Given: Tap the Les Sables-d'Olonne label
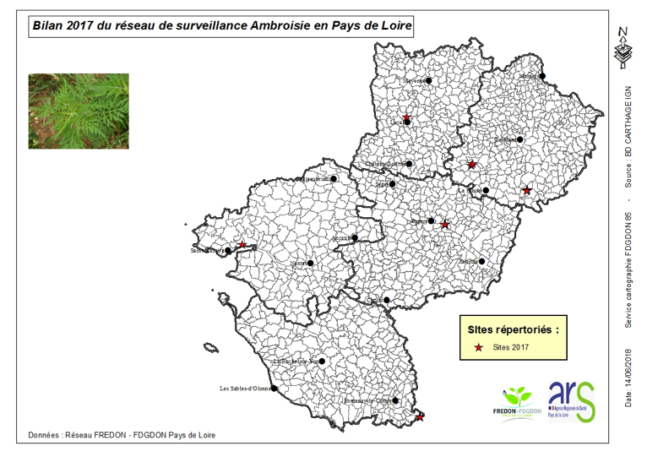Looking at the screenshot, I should pyautogui.click(x=244, y=389).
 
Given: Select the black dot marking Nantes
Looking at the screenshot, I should pyautogui.click(x=310, y=263).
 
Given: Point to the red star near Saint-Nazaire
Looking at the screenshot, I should pyautogui.click(x=242, y=245).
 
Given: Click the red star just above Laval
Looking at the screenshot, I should pyautogui.click(x=406, y=117).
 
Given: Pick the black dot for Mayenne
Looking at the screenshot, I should pyautogui.click(x=429, y=81).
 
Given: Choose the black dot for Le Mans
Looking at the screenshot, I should pyautogui.click(x=520, y=139).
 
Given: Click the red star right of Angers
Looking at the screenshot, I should pyautogui.click(x=445, y=225).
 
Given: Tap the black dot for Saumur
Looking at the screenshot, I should pyautogui.click(x=482, y=262).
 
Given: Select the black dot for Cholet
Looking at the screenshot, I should pyautogui.click(x=386, y=300).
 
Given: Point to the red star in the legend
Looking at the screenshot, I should pyautogui.click(x=479, y=348).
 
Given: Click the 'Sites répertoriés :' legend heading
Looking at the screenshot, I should pyautogui.click(x=512, y=327).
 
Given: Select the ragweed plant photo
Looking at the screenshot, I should pyautogui.click(x=79, y=111).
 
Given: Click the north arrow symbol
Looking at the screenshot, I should pyautogui.click(x=623, y=47).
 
